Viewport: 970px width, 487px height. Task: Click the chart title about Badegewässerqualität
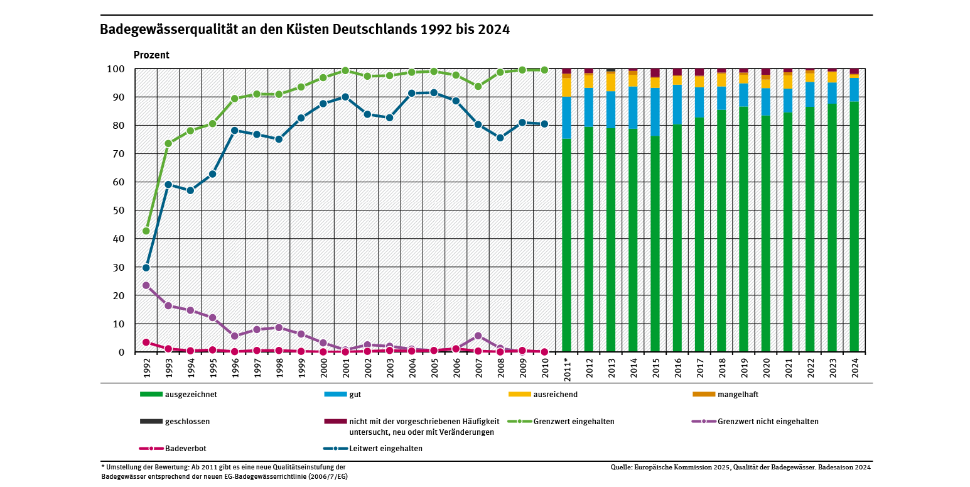304,30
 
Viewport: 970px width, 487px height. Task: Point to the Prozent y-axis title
151,55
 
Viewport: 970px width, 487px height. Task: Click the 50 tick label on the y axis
118,211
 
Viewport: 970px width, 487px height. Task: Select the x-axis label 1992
146,367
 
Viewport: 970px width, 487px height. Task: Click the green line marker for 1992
146,231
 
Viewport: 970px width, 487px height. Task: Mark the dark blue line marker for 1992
146,268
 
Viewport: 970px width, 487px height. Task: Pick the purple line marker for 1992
146,285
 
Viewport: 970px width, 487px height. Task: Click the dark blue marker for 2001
345,97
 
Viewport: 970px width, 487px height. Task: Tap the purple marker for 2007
478,336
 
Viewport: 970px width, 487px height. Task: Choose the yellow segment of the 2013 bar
611,82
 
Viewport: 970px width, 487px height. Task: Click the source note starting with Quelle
741,468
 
